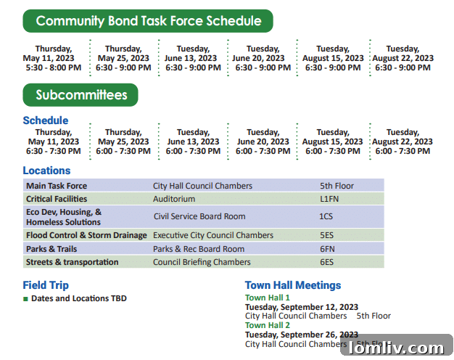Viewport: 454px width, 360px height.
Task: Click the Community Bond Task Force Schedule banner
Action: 148,21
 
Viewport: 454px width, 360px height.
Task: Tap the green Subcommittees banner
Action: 81,95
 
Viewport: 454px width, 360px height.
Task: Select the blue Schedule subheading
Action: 46,120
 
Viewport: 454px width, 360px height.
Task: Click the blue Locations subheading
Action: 47,171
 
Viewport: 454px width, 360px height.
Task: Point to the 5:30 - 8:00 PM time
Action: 52,67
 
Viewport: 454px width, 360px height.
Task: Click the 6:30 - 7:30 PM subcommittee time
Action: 54,151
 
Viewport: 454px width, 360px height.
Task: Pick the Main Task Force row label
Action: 57,186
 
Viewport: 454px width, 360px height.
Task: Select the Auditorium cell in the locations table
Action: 174,199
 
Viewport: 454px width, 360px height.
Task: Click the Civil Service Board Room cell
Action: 199,216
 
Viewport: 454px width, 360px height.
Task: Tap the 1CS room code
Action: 326,216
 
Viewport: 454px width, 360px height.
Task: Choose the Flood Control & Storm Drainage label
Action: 86,235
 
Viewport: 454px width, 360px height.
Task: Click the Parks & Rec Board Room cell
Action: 199,249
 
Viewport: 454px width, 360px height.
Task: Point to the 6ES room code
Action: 326,262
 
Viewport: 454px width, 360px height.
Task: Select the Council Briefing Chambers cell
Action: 202,262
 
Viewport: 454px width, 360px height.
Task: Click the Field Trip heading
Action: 46,285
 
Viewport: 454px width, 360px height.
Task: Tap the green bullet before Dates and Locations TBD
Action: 26,298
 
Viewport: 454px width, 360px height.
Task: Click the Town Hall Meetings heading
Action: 293,285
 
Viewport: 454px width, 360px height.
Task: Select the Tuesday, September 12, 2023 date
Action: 302,307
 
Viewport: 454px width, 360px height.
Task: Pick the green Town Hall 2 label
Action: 268,325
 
